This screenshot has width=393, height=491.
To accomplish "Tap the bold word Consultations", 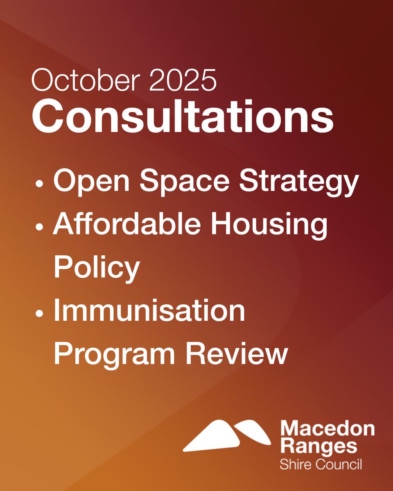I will [x=182, y=115].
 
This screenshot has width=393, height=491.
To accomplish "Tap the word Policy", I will [x=97, y=268].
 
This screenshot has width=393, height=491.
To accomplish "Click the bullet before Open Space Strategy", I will [x=39, y=183].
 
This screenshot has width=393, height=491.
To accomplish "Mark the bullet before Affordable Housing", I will [x=39, y=227].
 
